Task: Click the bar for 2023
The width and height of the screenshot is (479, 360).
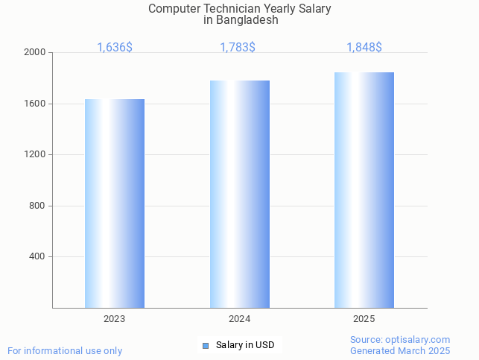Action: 115,203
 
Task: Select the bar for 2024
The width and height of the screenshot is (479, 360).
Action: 240,194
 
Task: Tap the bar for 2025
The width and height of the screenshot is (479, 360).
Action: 364,190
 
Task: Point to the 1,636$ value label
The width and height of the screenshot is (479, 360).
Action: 115,48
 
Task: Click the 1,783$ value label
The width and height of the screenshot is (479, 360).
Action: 238,48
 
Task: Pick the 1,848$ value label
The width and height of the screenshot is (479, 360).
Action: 364,48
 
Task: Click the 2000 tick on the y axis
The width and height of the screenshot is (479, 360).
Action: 35,53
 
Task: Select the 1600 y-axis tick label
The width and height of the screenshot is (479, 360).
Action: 35,104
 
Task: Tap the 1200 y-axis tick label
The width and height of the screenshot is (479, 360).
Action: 35,155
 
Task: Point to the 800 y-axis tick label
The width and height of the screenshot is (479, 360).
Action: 37,206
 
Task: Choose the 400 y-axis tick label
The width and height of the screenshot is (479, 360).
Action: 37,256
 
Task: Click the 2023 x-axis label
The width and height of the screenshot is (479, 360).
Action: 115,319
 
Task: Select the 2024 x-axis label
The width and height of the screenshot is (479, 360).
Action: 239,319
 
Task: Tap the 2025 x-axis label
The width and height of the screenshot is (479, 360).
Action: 364,319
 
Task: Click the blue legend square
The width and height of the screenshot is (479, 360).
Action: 206,345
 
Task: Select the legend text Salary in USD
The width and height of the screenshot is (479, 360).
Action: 245,345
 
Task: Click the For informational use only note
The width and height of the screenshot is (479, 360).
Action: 65,350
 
